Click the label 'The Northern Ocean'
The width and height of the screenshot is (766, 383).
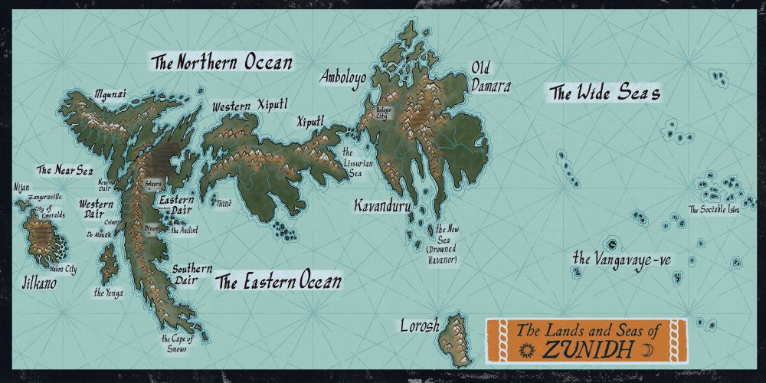222,62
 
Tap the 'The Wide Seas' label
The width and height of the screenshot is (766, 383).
604,93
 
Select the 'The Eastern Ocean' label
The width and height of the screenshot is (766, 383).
278,282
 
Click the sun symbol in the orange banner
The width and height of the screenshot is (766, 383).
525,350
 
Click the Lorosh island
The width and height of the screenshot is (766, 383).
454,335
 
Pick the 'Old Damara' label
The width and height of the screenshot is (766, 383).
490,77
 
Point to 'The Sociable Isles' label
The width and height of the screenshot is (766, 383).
714,209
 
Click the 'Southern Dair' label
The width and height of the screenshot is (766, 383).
186,274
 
